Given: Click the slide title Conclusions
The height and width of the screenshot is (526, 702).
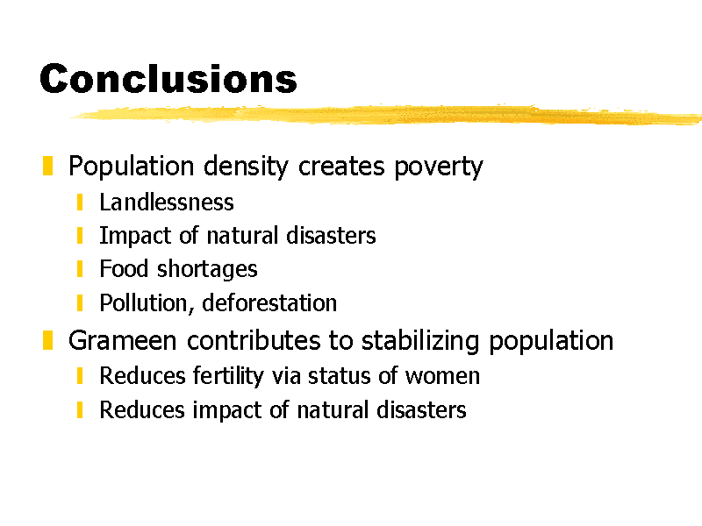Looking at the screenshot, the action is [168, 79].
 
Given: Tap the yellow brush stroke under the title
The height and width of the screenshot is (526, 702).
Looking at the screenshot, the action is [386, 115].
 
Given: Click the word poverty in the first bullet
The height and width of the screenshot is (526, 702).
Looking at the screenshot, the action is [438, 167].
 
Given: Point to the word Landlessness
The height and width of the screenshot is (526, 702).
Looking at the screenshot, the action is [167, 203].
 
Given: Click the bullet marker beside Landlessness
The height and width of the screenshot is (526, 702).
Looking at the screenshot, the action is [80, 203].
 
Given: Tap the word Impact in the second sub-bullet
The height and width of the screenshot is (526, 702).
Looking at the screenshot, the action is [135, 236].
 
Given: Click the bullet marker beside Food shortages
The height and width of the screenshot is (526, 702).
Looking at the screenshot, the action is [80, 269].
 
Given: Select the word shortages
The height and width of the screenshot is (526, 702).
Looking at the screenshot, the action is [207, 270].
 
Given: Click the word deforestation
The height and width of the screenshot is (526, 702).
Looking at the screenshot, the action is [269, 302].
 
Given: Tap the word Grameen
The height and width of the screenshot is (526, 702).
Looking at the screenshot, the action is [122, 340].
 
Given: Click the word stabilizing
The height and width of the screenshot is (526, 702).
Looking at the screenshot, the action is [420, 341].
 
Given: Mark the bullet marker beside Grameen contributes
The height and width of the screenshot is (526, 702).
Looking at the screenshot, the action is [48, 340].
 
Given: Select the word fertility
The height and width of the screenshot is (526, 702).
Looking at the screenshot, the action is [228, 376].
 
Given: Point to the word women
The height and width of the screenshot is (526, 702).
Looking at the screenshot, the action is [442, 376].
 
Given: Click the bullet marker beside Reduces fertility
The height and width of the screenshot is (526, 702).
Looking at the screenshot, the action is [80, 376].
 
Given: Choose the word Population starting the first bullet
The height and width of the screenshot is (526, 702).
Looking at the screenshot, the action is [131, 167].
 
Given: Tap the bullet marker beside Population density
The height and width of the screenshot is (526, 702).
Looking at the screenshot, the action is [48, 166].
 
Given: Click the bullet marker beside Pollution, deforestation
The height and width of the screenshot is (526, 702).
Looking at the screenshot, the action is [80, 302].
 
